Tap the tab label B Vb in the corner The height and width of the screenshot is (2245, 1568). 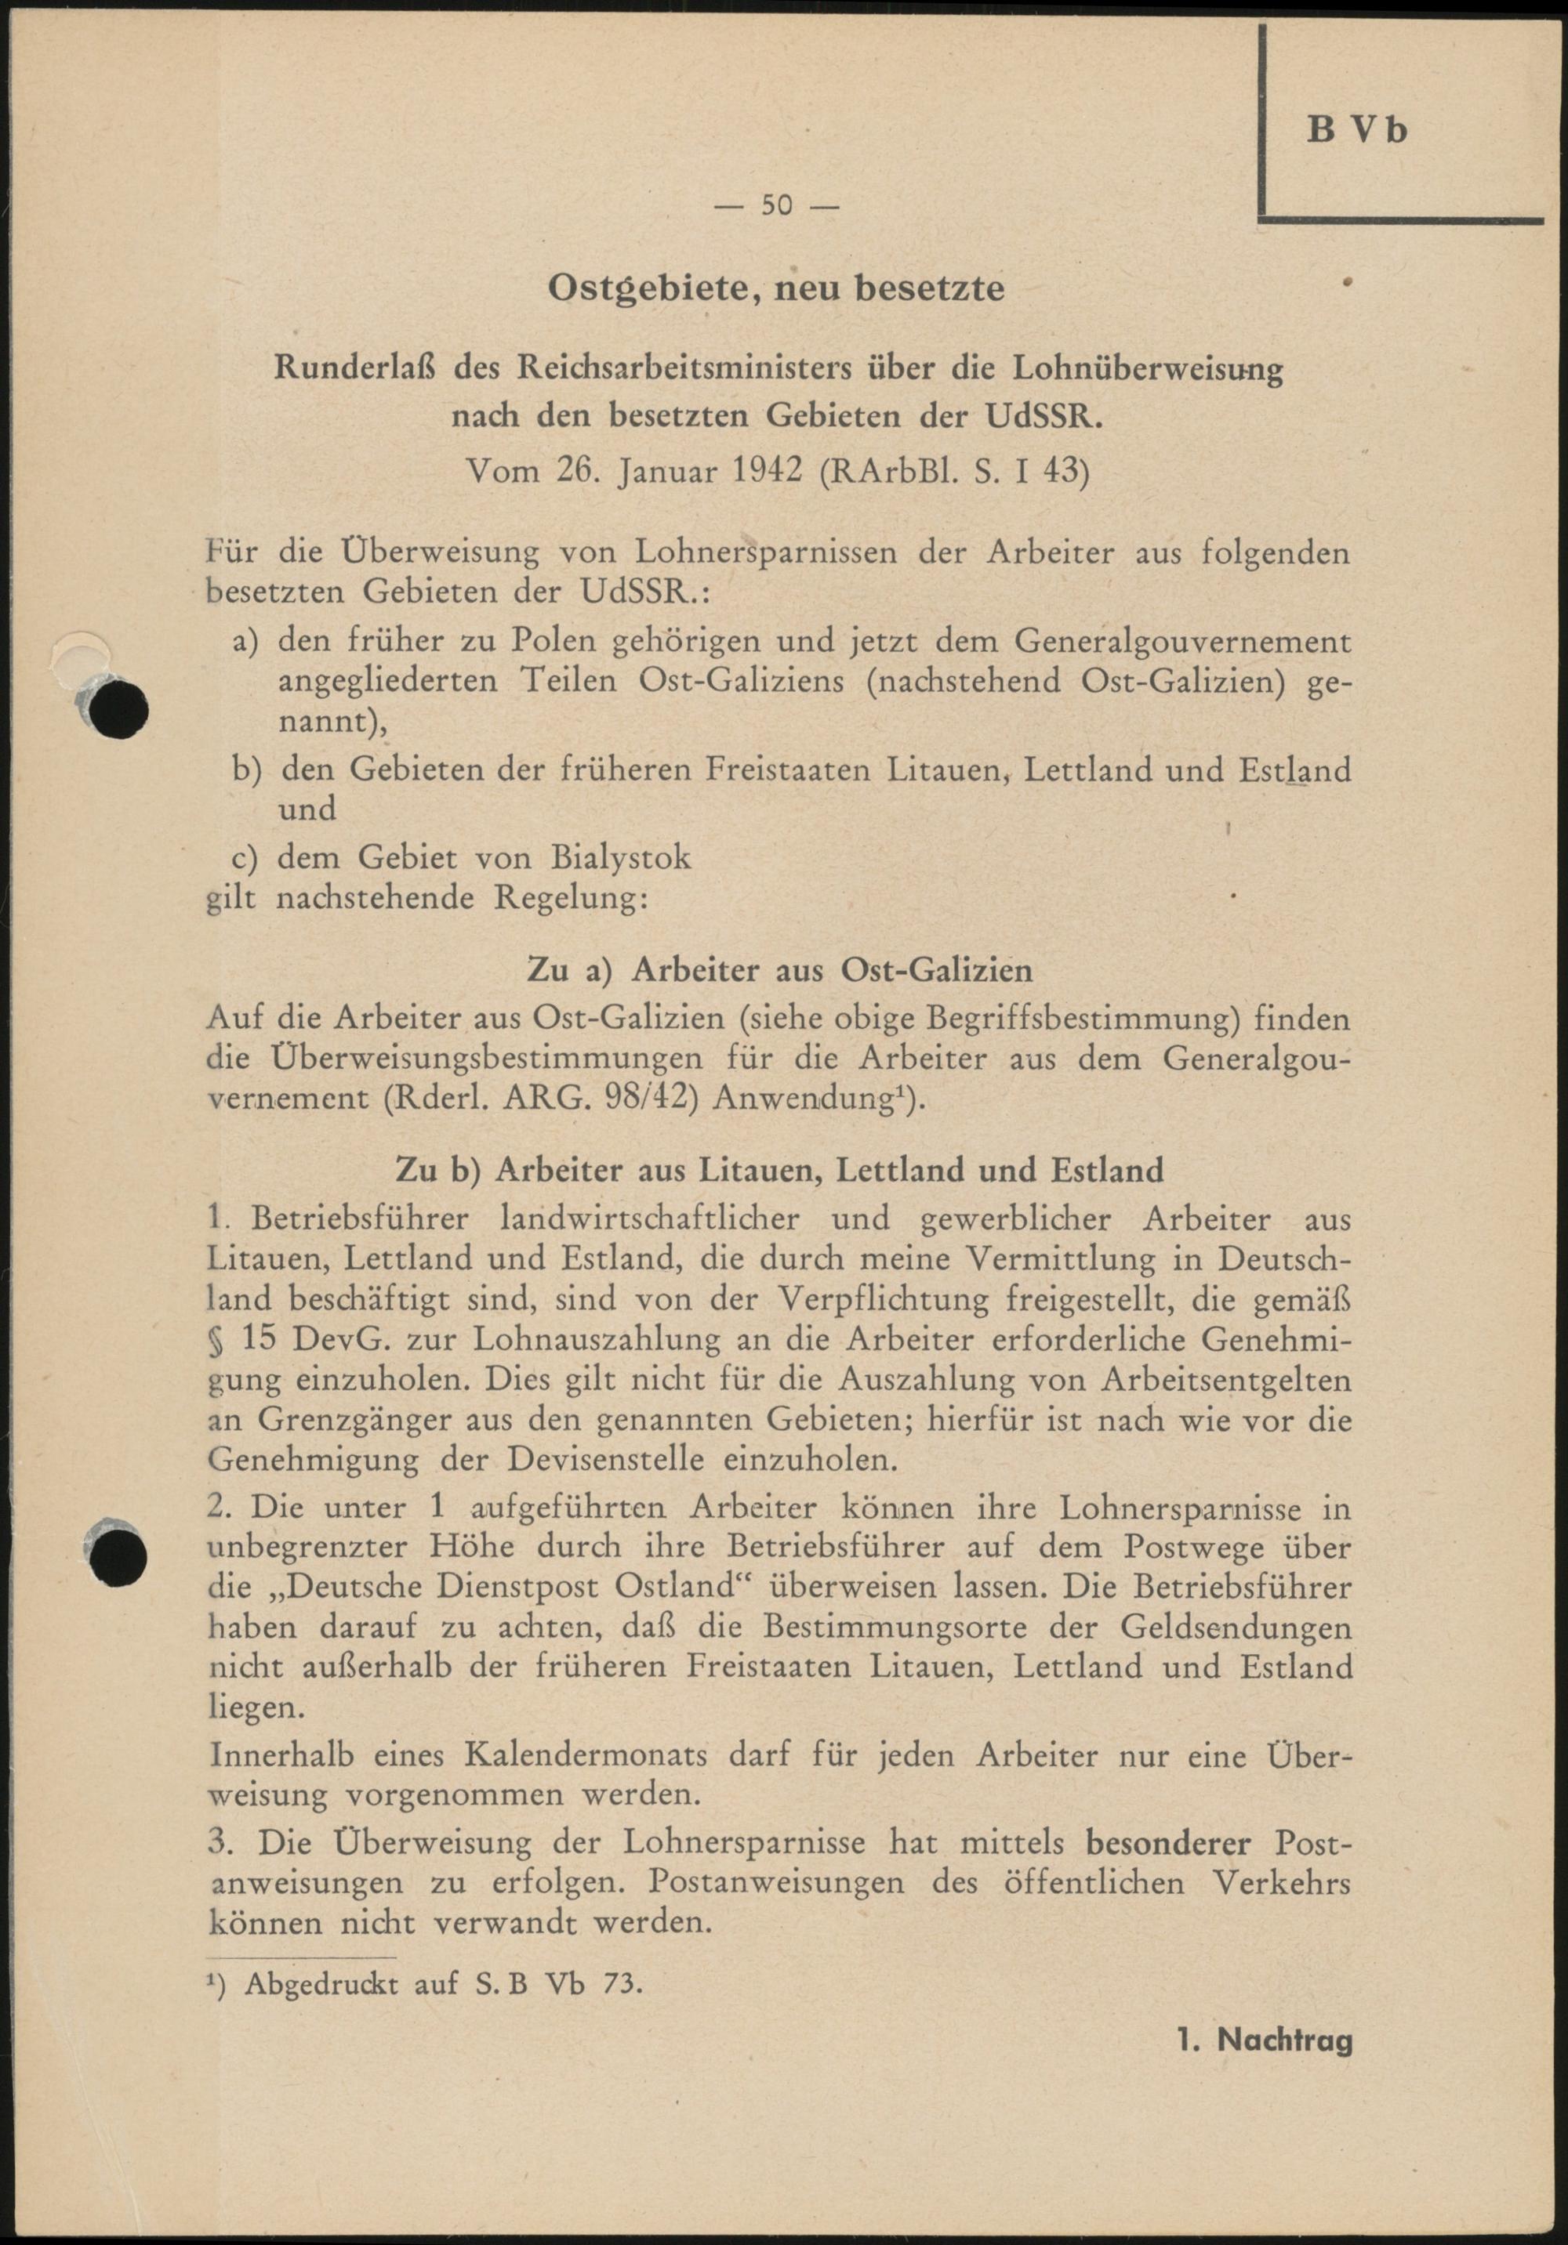(1357, 129)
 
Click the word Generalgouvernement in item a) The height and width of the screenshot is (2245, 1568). (1182, 643)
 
